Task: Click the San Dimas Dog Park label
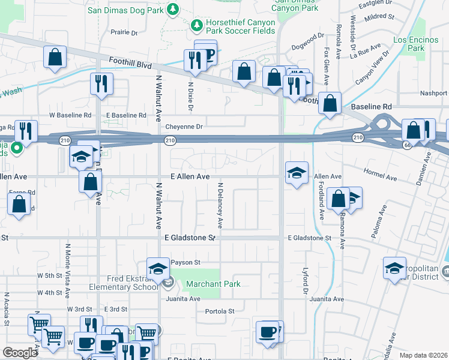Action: (125, 10)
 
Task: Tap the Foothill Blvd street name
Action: (130, 61)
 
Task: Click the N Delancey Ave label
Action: (220, 206)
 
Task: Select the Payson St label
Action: (185, 263)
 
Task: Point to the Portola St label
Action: (220, 311)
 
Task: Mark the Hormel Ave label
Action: (381, 178)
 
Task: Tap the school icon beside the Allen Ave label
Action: (297, 173)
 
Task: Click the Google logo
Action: (20, 353)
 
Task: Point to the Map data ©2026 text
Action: (423, 355)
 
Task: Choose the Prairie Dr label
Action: (125, 32)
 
